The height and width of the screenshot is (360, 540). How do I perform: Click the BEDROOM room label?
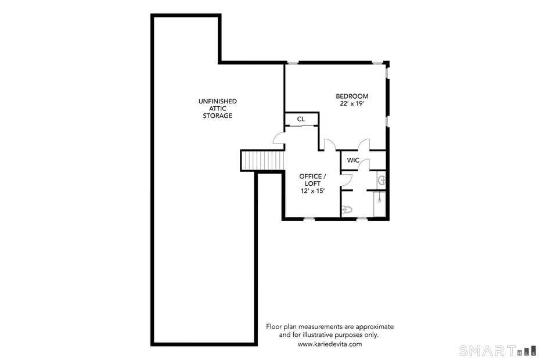[352, 96]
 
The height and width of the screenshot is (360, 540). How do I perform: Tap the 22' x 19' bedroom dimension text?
[352, 103]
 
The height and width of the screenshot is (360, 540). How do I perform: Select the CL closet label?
[301, 119]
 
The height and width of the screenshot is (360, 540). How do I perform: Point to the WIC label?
[353, 160]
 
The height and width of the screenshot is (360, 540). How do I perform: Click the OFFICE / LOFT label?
[312, 179]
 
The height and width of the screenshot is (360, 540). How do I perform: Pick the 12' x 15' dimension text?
[312, 190]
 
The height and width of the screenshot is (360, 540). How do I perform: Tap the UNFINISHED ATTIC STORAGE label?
[217, 109]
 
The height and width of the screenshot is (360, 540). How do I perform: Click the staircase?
[262, 160]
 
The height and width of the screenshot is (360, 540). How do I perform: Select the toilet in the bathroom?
[347, 210]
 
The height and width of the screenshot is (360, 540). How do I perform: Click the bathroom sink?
[381, 180]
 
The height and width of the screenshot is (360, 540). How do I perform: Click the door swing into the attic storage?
[279, 138]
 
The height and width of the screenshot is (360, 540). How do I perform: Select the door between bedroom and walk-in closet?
[364, 145]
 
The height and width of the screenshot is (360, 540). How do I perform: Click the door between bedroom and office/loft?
[329, 145]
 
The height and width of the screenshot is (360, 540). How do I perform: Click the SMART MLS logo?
[496, 350]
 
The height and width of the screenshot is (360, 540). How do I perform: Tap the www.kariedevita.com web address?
[329, 344]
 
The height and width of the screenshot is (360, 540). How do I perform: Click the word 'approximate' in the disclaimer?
[373, 326]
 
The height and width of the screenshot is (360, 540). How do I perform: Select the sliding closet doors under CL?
[301, 125]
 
